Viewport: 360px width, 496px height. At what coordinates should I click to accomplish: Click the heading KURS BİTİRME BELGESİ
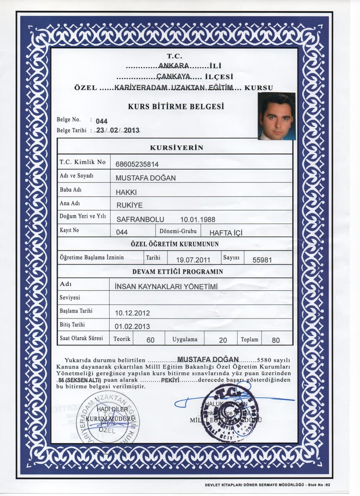176,106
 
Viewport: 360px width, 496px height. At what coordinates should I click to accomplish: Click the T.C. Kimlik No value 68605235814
137,164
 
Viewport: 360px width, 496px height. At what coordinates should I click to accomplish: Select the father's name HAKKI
126,191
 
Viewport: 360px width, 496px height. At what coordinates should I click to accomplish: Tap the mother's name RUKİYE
129,205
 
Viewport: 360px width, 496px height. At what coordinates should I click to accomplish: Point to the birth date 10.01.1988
197,219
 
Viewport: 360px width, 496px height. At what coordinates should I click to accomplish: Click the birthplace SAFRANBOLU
140,219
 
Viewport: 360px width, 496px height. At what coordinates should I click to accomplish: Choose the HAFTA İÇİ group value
226,233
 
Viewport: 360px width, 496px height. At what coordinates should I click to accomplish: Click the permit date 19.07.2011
193,260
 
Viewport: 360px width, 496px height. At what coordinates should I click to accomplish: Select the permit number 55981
262,260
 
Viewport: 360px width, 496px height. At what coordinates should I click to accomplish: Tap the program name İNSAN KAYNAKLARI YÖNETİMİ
166,286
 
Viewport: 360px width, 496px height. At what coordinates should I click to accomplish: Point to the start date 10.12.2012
132,313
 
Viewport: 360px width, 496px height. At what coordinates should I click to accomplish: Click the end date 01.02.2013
132,326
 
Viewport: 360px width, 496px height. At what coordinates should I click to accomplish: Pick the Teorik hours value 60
150,340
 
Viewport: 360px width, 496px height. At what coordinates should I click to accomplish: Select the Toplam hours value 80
276,340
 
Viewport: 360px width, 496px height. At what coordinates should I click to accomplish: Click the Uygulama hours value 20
223,340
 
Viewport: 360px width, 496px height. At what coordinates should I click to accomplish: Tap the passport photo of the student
277,116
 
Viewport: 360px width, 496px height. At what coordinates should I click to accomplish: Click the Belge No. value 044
101,121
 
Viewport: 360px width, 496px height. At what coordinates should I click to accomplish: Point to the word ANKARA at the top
173,66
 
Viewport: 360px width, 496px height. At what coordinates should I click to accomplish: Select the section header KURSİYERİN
177,147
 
